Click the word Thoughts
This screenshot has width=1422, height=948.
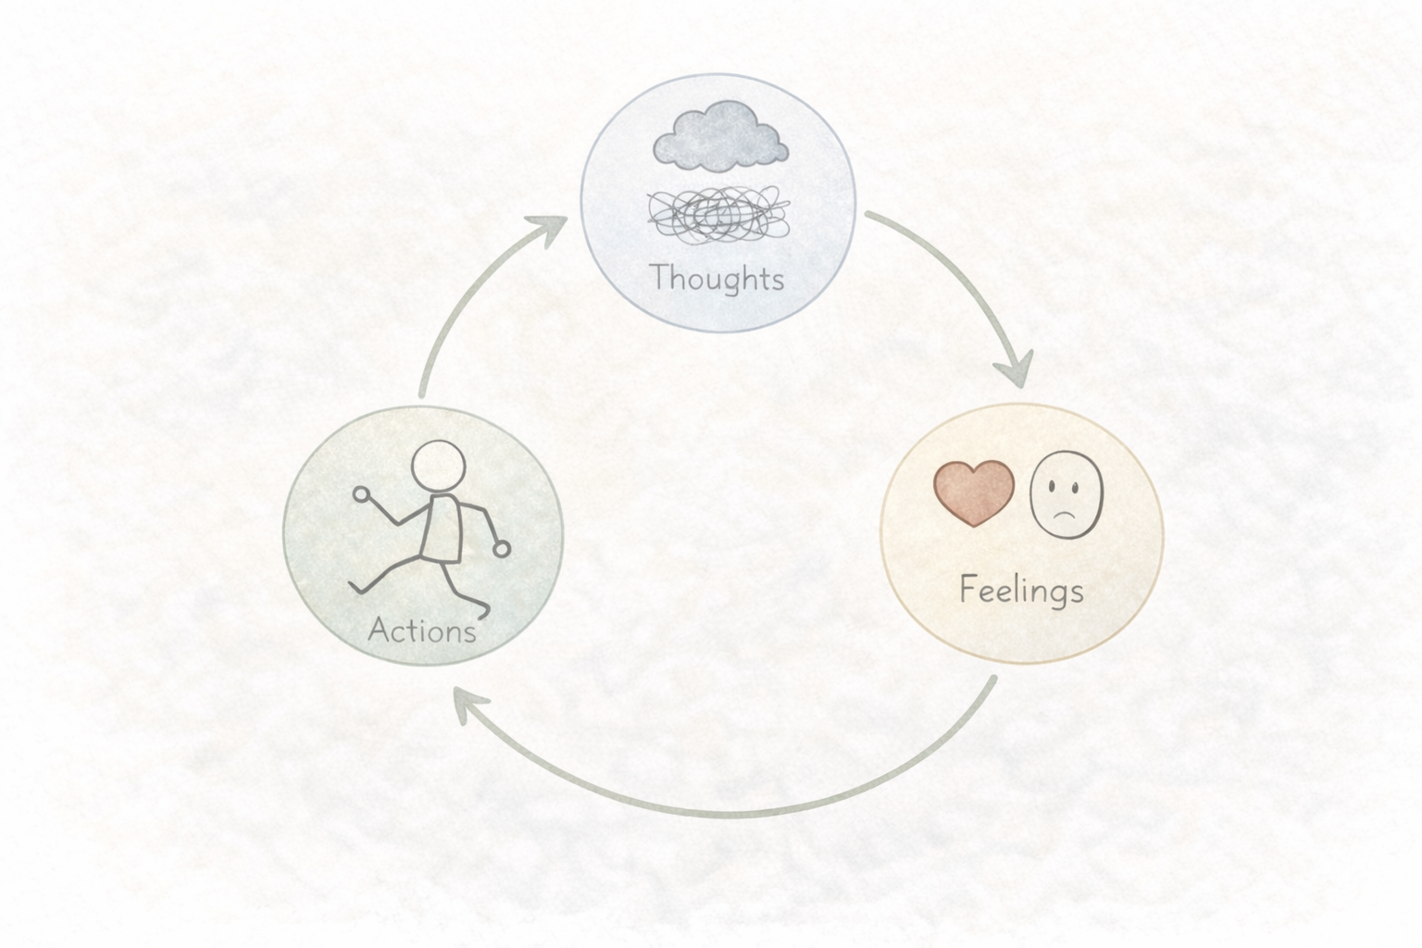pyautogui.click(x=717, y=278)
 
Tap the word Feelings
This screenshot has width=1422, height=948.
pyautogui.click(x=1021, y=590)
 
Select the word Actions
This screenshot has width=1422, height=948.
pyautogui.click(x=422, y=630)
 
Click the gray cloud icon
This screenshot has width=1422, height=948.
pyautogui.click(x=720, y=139)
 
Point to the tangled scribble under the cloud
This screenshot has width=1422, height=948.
pyautogui.click(x=718, y=214)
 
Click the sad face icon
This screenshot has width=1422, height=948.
pyautogui.click(x=1066, y=493)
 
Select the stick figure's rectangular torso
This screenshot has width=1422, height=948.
pyautogui.click(x=442, y=529)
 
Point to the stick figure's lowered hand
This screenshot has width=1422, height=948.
pyautogui.click(x=501, y=549)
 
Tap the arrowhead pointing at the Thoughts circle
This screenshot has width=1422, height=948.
pyautogui.click(x=554, y=226)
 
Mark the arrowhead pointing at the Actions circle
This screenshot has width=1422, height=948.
pyautogui.click(x=468, y=704)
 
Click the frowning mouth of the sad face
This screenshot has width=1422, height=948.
pyautogui.click(x=1066, y=513)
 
